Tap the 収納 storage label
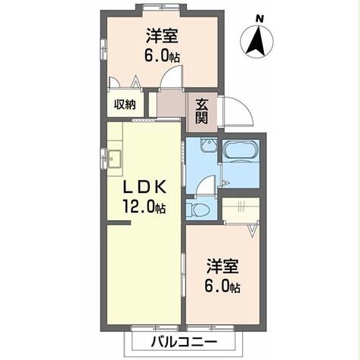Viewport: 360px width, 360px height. point(125,105)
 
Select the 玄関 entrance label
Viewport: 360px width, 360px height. point(203,112)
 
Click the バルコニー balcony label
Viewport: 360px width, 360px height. point(180,342)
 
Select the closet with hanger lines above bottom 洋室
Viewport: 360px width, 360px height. point(241,209)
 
